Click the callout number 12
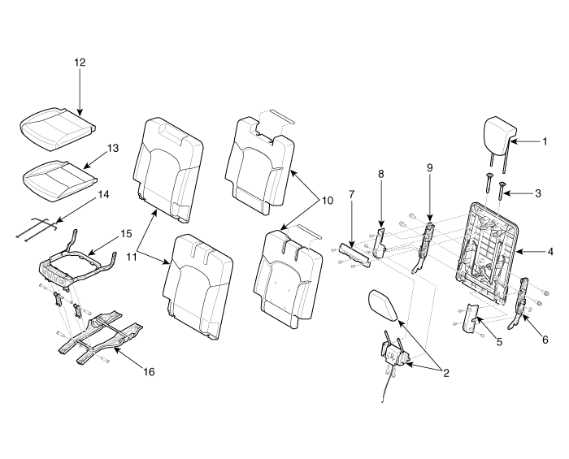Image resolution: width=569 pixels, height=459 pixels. click(x=80, y=63)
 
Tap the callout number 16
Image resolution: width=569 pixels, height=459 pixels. click(x=149, y=371)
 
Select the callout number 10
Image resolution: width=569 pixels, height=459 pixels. click(x=327, y=201)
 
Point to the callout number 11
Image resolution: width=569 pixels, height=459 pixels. click(x=132, y=257)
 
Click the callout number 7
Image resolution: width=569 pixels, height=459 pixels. click(x=351, y=195)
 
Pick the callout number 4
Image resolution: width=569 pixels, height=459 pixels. click(x=550, y=251)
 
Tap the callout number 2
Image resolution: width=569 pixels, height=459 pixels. click(x=445, y=373)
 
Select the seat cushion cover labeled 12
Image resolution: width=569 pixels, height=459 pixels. click(x=58, y=128)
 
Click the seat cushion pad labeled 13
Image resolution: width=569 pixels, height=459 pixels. click(x=60, y=180)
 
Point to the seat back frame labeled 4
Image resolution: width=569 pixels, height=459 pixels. click(x=488, y=251)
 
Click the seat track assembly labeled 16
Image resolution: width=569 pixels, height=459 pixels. click(x=102, y=337)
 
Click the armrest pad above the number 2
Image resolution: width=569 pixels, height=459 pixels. click(x=384, y=305)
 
